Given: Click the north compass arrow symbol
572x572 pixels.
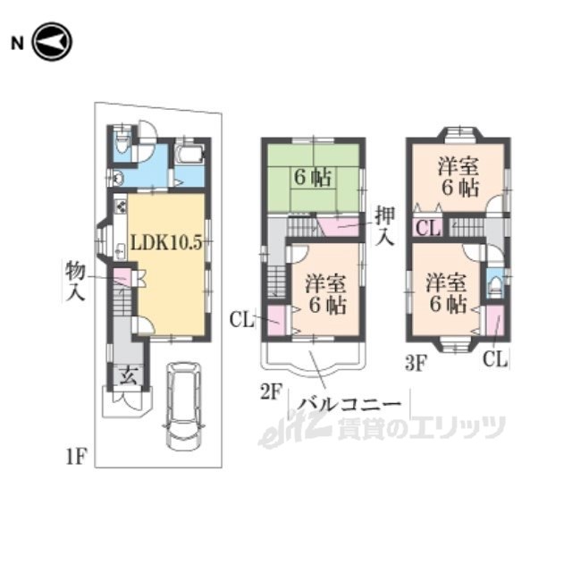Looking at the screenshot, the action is tap(52, 42).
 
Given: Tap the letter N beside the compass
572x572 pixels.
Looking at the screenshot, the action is tap(17, 44).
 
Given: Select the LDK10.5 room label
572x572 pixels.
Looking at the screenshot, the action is tap(166, 242).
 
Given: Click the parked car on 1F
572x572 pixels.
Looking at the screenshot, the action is tap(184, 406).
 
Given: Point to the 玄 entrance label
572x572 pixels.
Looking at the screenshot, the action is tap(129, 376).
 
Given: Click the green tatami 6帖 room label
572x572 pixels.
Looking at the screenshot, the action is tap(313, 178).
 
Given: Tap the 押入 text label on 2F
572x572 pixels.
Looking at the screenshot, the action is tap(385, 225).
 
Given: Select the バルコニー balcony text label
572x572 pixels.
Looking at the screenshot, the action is tap(349, 404).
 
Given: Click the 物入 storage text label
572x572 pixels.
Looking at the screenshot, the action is tap(75, 281).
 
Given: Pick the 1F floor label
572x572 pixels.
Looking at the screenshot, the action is tap(77, 457).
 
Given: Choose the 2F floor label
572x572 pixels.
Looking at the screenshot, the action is tap(271, 392).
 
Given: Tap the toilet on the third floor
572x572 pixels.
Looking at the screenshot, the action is tap(495, 284).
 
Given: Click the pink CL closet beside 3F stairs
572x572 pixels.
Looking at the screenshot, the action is tap(427, 228).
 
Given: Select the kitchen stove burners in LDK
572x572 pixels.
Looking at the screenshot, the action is tap(121, 206).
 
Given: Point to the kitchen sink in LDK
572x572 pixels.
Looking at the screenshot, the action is tap(119, 252).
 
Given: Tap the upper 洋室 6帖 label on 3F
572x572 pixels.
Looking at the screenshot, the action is tap(458, 177).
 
